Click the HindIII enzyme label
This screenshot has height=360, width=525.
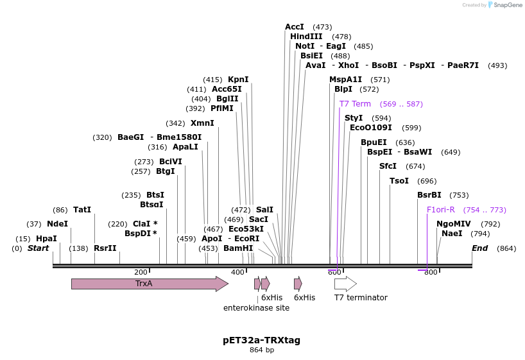click(306, 37)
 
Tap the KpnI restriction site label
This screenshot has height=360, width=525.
click(238, 80)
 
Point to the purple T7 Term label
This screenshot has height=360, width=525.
click(355, 104)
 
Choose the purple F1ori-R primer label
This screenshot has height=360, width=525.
click(441, 210)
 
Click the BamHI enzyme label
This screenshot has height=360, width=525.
click(238, 248)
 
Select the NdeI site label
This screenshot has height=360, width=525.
click(57, 224)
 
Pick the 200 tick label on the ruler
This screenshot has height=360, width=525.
click(141, 272)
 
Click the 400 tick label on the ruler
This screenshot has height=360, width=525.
click(237, 272)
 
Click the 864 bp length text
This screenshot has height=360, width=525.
click(262, 350)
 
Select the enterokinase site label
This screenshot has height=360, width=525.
click(256, 308)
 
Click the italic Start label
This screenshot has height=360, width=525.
click(38, 248)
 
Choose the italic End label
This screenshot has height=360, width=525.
click(480, 248)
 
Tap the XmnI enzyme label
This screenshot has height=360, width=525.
click(202, 123)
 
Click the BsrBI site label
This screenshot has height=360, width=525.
click(429, 195)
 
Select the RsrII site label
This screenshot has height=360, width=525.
click(105, 248)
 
